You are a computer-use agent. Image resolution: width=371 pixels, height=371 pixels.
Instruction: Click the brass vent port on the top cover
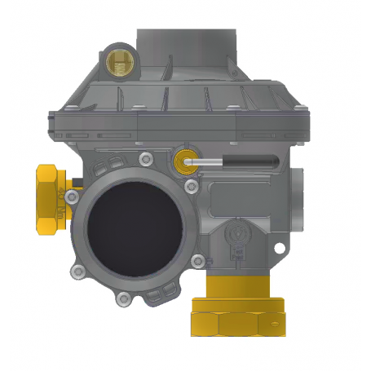pos(119,61)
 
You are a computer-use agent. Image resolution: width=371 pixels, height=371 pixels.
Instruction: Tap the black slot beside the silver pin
pos(249,161)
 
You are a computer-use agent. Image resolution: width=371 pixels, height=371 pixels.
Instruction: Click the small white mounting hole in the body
pos(280,246)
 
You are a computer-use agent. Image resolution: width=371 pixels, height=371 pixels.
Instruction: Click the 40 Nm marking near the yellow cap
pos(62,197)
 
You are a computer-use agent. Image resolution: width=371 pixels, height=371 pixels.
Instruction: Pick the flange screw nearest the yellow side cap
pos(81,193)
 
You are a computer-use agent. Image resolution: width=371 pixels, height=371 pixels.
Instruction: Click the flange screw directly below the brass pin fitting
pos(192,188)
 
